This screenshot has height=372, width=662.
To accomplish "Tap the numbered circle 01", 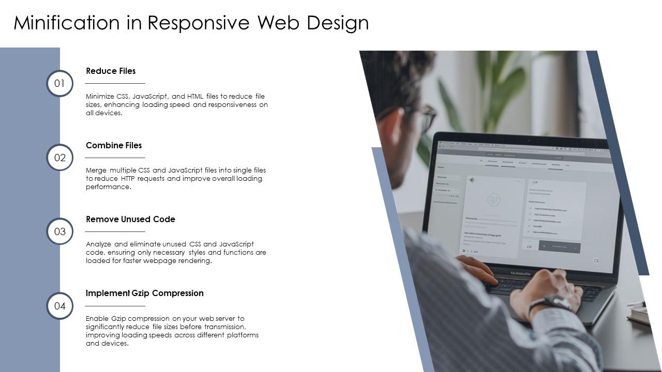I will coord(60,83).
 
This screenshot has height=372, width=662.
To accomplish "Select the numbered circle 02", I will coord(60,158).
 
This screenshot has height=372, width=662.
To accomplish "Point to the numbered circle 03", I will coord(60,231).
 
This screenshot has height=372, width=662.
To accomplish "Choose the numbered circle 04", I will coord(60,306).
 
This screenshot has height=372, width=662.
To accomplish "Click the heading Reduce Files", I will coord(111,71).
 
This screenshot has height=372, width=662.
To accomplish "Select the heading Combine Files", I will coord(114,146).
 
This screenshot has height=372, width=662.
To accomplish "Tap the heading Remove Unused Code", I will coord(130,220).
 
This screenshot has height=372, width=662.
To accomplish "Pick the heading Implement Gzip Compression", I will coord(145,293).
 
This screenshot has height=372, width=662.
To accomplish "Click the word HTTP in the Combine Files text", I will coord(128,179).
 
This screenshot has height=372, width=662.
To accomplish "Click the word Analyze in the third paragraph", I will coord(99,244).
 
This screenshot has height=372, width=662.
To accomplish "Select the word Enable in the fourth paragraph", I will coord(97,319).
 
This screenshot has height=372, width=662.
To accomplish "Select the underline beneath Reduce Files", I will coord(115,83).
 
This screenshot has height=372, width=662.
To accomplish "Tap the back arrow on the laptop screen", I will coord(471,180).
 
